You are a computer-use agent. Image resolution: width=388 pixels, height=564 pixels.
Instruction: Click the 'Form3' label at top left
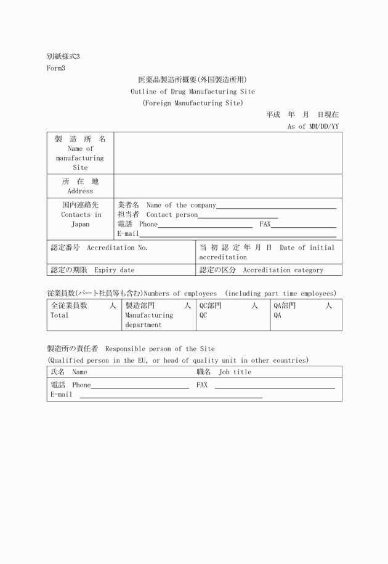[56, 68]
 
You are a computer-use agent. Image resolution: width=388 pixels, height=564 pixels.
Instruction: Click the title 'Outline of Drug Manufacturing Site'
[192, 92]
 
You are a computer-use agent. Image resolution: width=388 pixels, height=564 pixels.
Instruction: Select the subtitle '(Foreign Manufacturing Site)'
[192, 103]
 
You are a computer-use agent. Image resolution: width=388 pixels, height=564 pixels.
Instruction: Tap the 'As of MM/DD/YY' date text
[313, 126]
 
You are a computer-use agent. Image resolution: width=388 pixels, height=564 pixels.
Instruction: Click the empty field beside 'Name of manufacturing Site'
[227, 153]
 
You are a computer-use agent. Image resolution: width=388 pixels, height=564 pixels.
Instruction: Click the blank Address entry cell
[227, 186]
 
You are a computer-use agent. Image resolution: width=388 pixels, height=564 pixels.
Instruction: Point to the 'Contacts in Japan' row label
[81, 215]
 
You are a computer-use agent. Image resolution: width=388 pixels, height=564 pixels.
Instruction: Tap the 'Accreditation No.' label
[117, 248]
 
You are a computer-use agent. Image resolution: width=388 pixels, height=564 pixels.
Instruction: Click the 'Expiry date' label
[114, 270]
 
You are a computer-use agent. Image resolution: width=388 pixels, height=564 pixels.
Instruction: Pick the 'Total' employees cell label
[60, 315]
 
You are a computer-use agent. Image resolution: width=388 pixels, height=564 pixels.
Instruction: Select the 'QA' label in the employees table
[278, 315]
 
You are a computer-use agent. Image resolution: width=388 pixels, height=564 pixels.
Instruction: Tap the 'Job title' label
[235, 372]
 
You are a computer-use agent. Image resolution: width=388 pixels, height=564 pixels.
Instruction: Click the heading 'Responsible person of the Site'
[160, 348]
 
